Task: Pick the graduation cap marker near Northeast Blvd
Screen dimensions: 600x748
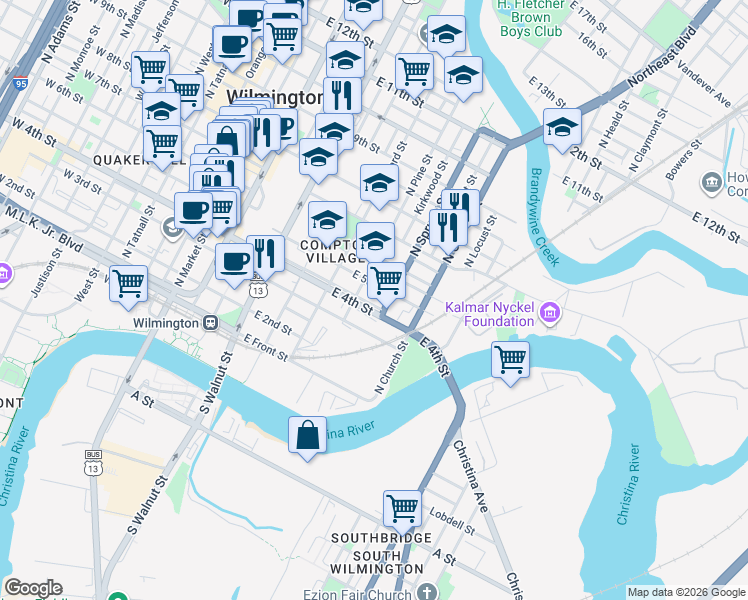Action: (562, 127)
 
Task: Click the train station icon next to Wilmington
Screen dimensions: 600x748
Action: (211, 323)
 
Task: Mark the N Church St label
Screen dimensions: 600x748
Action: (390, 368)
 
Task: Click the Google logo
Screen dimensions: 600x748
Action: (33, 588)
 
